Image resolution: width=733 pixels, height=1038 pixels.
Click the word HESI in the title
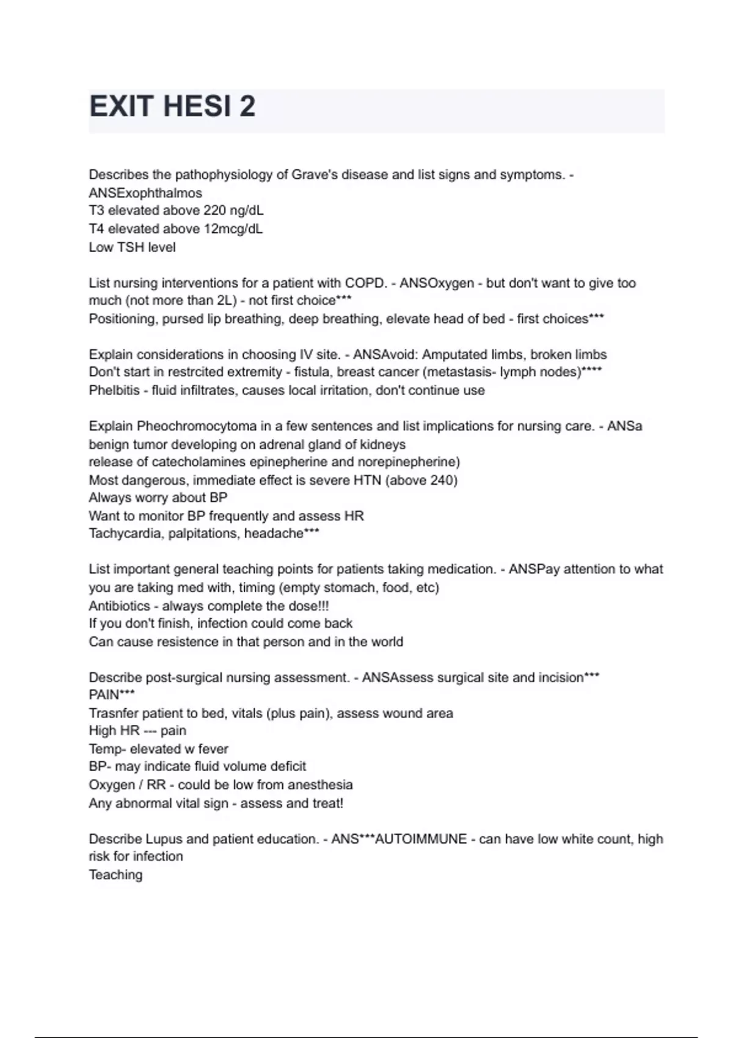coord(195,107)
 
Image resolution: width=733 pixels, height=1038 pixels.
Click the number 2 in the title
coord(247,107)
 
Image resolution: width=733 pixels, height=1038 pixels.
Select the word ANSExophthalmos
coord(145,193)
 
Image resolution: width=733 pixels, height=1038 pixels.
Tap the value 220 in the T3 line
coord(214,211)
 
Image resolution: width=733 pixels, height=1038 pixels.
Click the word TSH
coord(131,247)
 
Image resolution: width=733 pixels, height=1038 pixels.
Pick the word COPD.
coord(365,283)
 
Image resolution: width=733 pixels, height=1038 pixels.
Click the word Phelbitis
coord(114,390)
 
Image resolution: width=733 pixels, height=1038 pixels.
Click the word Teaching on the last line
coord(115,875)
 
